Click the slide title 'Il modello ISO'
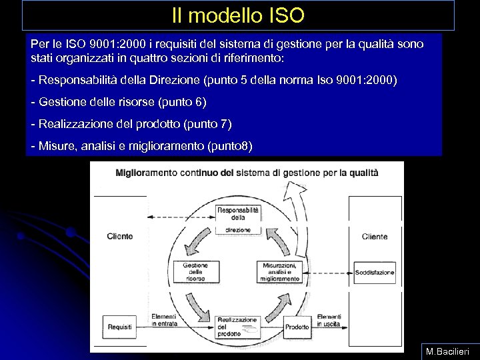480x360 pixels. [237, 14]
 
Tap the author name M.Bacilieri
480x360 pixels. [447, 350]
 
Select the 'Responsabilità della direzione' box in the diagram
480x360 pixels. [238, 219]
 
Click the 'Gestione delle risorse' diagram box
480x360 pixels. [195, 271]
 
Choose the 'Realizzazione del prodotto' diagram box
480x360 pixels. [237, 326]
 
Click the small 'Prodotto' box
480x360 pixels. [297, 327]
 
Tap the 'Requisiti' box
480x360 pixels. [120, 327]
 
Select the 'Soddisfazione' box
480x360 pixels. [375, 272]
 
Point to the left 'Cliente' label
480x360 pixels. [120, 236]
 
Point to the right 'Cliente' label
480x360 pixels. [375, 236]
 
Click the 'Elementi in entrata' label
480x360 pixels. [163, 320]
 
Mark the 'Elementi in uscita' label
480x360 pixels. [329, 320]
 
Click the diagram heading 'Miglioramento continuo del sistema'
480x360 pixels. [247, 172]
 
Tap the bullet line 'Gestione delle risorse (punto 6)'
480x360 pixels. [119, 102]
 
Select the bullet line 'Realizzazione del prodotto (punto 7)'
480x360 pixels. [131, 124]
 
